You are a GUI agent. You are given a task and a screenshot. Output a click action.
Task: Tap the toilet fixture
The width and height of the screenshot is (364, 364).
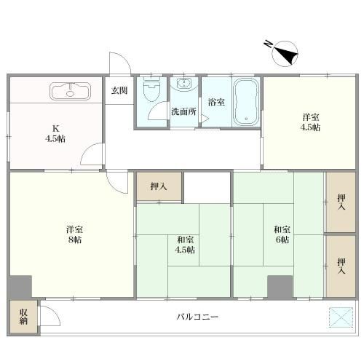(152, 90)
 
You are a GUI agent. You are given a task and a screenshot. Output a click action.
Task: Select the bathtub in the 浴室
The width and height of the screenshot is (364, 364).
(245, 102)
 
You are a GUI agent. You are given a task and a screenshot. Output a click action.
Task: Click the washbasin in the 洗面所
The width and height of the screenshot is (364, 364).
(184, 84)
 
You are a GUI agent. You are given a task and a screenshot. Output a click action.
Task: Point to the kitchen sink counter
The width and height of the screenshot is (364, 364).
(71, 91)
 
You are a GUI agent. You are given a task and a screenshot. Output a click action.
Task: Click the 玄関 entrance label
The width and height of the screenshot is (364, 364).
(119, 90)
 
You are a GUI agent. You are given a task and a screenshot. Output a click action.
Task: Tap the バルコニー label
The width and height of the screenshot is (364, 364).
(197, 317)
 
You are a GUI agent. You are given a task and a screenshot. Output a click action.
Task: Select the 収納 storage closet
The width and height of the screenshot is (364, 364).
(23, 317)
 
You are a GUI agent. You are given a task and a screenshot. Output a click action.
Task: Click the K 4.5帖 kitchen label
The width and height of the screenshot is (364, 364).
(55, 133)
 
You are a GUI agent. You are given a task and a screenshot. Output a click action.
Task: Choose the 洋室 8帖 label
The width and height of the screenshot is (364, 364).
(75, 234)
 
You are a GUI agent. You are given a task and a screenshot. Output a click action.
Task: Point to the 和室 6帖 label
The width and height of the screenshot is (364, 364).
(282, 234)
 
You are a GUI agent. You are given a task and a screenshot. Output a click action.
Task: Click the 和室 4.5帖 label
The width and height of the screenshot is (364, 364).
(185, 245)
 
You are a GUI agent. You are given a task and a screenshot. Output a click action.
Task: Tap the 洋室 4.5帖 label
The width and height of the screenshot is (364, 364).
(310, 122)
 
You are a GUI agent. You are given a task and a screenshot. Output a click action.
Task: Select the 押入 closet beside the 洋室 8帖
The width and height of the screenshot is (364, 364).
(159, 186)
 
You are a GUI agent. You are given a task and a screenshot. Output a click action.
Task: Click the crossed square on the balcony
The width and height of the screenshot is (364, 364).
(341, 317)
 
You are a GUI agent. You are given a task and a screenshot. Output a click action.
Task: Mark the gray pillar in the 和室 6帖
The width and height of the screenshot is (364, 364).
(280, 287)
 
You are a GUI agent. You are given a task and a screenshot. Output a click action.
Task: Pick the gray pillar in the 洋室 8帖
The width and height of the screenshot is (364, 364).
(20, 287)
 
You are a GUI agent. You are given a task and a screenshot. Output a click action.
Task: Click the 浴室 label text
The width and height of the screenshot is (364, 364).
(216, 102)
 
